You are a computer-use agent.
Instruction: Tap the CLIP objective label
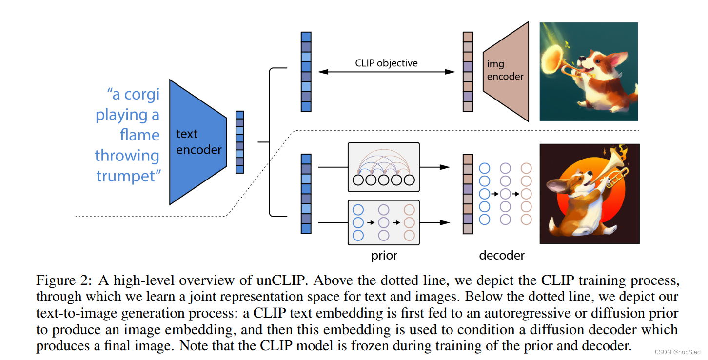click(386, 63)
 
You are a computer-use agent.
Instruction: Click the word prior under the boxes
click(384, 255)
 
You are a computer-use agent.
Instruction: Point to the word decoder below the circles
click(502, 255)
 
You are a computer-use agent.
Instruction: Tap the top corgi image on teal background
click(589, 71)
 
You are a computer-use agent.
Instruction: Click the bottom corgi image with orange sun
click(589, 194)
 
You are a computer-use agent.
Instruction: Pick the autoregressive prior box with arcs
click(383, 167)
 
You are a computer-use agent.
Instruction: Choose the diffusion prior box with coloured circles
click(383, 222)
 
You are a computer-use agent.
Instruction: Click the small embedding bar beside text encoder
click(239, 142)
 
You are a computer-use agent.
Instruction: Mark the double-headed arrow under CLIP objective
click(386, 72)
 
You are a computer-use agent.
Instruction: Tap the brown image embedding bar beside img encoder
click(468, 72)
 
